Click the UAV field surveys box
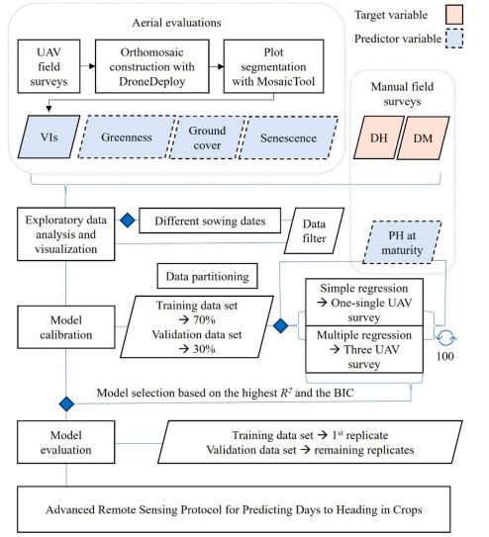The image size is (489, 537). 49,66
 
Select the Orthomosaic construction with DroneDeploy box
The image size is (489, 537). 152,66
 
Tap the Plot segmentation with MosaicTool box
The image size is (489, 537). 273,66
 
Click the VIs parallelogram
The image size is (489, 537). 49,136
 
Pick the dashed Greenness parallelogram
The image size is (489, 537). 127,137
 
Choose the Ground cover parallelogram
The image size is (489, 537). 207,137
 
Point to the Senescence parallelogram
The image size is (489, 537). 288,138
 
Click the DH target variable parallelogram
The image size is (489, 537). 379,137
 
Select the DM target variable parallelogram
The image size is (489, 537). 424,138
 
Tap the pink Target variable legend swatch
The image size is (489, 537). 454,15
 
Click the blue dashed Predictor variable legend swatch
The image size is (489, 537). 454,39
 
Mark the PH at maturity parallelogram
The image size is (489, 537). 402,242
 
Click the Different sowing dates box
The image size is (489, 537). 210,221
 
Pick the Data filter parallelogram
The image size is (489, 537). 314,230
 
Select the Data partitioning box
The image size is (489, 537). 207,276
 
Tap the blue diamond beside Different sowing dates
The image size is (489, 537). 128,221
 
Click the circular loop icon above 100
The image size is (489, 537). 446,338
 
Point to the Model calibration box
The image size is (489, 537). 66,327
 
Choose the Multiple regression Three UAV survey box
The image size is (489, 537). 364,349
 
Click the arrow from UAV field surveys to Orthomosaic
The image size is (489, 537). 88,65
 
